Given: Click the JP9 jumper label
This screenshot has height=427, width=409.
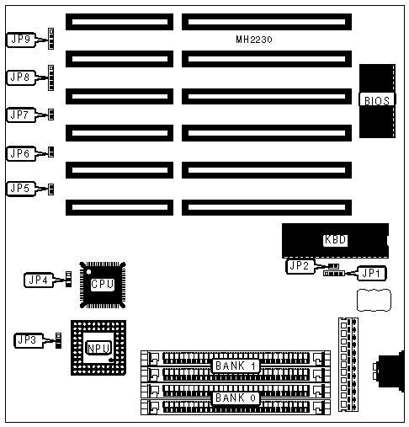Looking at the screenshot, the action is point(21,40).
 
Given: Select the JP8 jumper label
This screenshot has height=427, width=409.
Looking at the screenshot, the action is point(21,77).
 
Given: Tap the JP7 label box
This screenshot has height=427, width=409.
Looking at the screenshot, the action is point(21,115).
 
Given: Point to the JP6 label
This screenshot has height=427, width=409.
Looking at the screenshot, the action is point(21,153).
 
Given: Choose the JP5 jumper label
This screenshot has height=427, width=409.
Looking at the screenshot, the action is point(21,189).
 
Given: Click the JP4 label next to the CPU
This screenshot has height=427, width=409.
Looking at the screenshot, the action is point(39,280).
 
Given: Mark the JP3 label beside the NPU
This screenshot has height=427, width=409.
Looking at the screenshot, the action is point(29,340).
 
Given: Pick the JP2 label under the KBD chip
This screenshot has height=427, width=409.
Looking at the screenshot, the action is point(300,266).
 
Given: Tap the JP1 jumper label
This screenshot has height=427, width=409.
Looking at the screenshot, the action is point(371,273).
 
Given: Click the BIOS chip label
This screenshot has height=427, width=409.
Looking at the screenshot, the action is point(377,101).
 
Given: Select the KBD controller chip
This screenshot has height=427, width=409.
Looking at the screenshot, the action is point(335,241).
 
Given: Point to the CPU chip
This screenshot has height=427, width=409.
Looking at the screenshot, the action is point(103,285).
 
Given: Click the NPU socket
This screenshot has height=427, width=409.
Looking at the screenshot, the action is point(98,348).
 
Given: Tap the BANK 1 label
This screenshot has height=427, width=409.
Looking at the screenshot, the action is point(236,366).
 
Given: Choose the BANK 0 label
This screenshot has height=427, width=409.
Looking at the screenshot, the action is point(236,398).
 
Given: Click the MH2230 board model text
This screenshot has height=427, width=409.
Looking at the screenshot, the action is point(254,40).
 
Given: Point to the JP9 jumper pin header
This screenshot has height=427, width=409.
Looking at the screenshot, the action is point(50,39).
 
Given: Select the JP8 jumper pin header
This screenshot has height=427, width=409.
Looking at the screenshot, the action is point(50,77).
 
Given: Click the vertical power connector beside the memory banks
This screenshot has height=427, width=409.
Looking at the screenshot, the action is point(348,365).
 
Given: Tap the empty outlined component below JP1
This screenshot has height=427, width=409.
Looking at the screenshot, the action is point(374,300).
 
